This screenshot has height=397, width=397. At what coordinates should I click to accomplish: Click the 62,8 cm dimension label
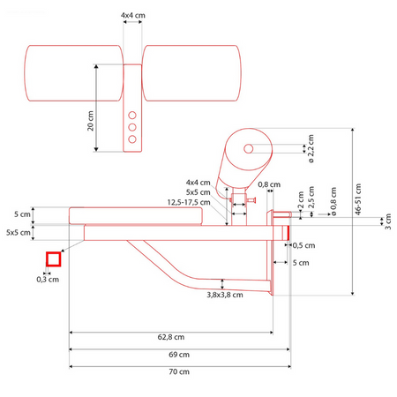[x=171, y=337]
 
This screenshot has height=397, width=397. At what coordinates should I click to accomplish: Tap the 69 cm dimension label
[x=179, y=355]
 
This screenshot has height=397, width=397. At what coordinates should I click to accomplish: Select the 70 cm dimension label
[x=179, y=371]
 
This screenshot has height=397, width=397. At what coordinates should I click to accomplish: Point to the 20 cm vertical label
[x=90, y=121]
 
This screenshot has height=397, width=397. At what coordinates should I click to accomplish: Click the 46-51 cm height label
[x=358, y=199]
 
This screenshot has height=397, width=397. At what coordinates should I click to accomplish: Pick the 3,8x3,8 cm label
[x=225, y=295]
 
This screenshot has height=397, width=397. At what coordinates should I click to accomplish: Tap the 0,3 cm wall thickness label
[x=48, y=280]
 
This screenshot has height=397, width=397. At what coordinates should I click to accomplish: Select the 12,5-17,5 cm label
[x=189, y=202]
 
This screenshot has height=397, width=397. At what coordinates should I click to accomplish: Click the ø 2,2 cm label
[x=311, y=148]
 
